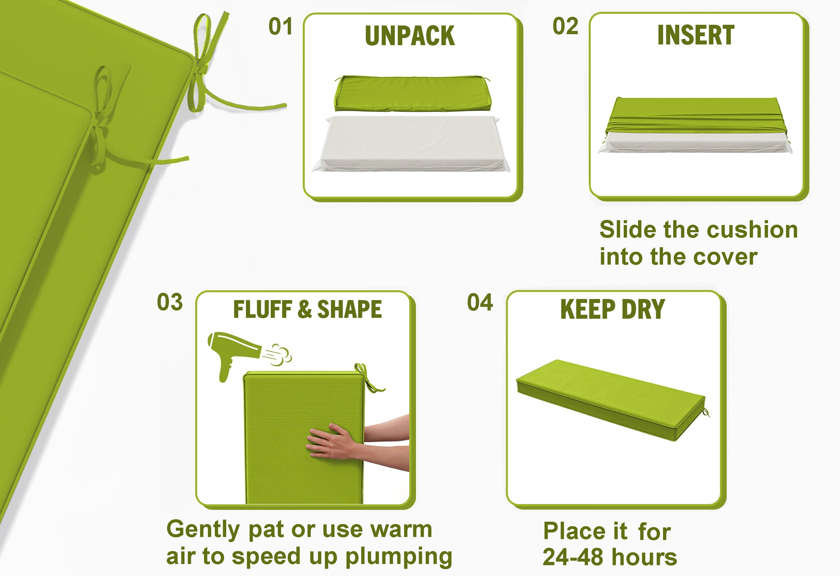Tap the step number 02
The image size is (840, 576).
click(565, 26)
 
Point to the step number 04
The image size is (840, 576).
click(480, 302)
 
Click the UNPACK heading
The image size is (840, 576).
click(409, 36)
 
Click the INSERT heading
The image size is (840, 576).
click(696, 35)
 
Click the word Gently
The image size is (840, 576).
click(203, 530)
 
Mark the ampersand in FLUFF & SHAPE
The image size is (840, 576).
click(305, 310)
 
